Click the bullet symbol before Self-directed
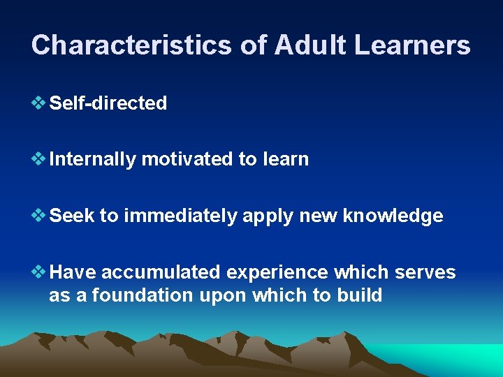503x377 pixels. coord(39,103)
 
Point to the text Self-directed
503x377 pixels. coord(108,103)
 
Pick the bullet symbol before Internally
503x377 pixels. coord(39,159)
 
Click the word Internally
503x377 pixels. coord(93,159)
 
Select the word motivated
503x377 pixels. coord(187,159)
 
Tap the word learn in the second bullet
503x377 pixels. coord(286,159)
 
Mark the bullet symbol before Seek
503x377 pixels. coord(39,216)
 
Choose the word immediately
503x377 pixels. coord(180,216)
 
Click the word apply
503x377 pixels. coord(268,216)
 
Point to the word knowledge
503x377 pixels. coord(393,216)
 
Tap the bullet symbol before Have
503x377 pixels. coord(39,272)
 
